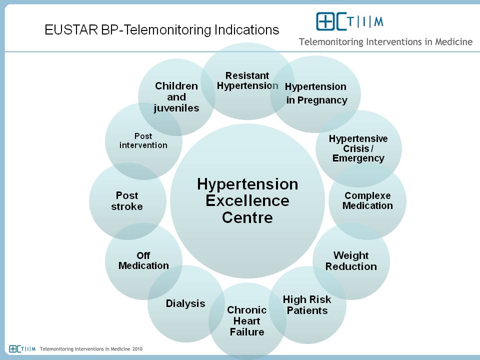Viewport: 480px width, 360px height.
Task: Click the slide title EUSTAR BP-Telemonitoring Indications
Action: (x=161, y=30)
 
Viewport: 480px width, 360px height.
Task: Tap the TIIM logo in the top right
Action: (x=349, y=21)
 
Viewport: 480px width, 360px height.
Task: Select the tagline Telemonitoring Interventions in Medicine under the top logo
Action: (x=385, y=41)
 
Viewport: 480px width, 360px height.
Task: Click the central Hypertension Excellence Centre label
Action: (x=247, y=201)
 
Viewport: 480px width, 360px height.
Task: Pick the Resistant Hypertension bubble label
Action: (x=247, y=80)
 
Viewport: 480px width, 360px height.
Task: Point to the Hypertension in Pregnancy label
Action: (x=316, y=93)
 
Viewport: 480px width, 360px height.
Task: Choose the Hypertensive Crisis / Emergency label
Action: (x=358, y=148)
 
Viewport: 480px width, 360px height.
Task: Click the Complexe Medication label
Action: (x=367, y=200)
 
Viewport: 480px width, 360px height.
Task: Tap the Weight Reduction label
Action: (x=351, y=261)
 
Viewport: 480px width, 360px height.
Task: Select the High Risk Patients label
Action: (x=307, y=305)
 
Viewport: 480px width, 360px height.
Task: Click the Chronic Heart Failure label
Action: (x=246, y=321)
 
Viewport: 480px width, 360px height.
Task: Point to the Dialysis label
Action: (x=185, y=303)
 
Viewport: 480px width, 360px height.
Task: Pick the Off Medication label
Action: (x=143, y=261)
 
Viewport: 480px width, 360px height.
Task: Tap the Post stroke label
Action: (x=126, y=201)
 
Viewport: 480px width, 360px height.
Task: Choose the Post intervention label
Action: (x=143, y=140)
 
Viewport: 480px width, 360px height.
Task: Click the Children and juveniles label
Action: (x=176, y=97)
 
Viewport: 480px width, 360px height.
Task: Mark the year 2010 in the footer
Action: (x=137, y=348)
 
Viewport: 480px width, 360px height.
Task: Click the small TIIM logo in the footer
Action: (x=22, y=348)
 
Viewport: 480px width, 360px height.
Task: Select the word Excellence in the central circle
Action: (x=247, y=201)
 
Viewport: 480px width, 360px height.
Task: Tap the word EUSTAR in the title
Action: (x=71, y=30)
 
